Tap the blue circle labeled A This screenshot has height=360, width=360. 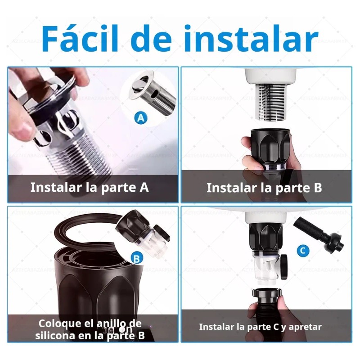click(141, 118)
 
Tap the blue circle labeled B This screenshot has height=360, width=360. click(136, 258)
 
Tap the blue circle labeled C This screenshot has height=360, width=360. click(304, 250)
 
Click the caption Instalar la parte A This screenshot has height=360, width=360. click(90, 187)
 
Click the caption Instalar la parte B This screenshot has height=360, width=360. click(264, 188)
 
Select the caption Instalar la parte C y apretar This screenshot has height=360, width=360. click(260, 327)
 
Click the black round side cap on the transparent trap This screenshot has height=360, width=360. click(284, 263)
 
